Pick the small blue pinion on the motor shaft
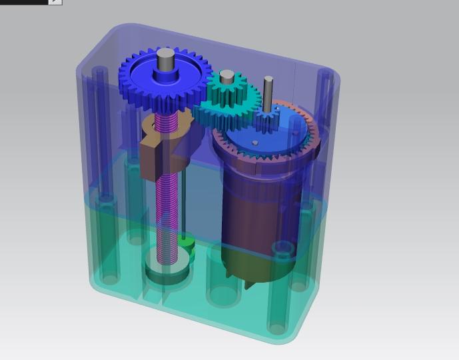268,121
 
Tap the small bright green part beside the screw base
189,244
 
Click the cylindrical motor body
256,213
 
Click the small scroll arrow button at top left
55,2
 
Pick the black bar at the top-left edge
23,2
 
